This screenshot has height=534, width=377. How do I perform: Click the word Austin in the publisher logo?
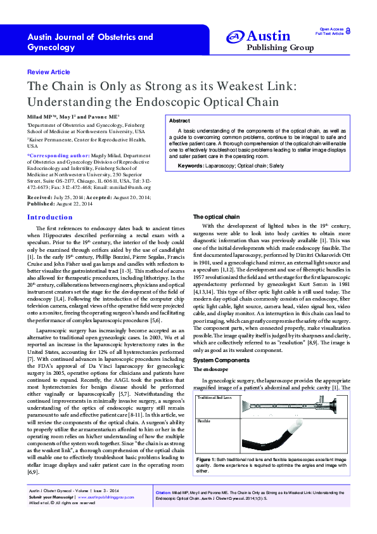pyautogui.click(x=269, y=37)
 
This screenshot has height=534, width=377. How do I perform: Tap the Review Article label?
pyautogui.click(x=49, y=72)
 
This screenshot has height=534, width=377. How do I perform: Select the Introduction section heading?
pyautogui.click(x=50, y=217)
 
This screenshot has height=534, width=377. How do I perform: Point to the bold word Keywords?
pyautogui.click(x=191, y=165)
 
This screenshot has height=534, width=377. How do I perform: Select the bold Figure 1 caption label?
pyautogui.click(x=208, y=458)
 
